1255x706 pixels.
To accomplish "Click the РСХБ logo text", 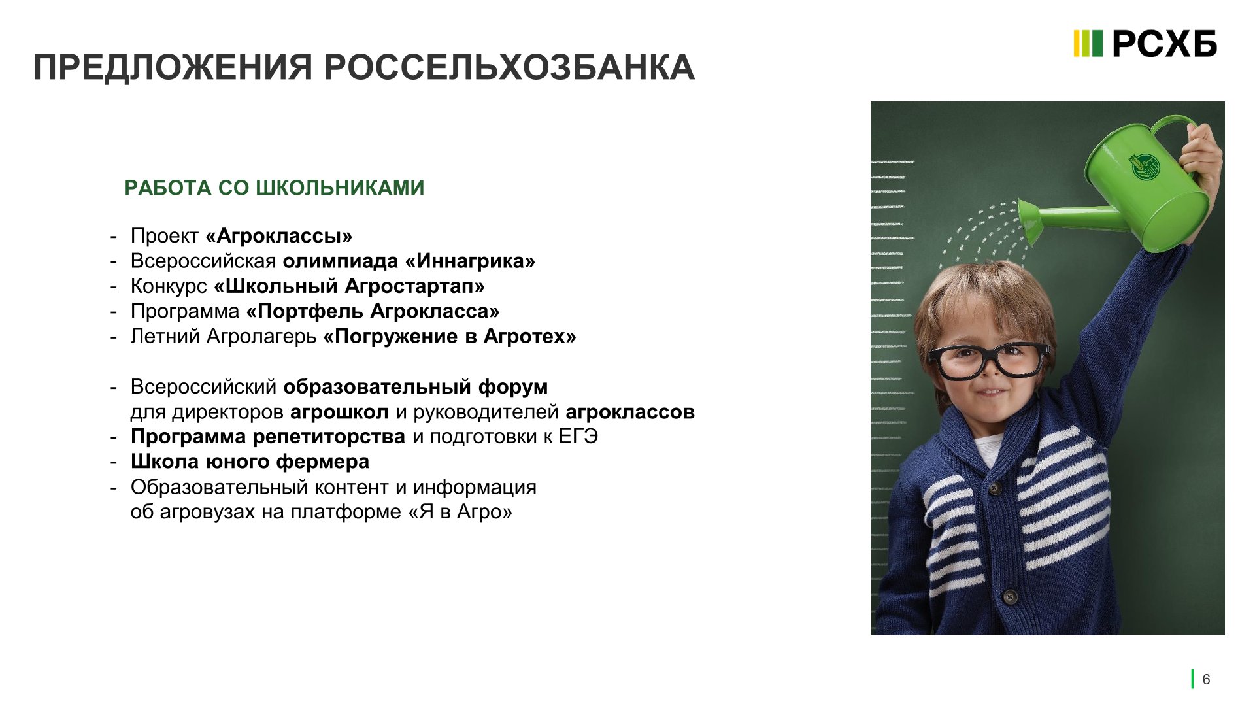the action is point(1164,44).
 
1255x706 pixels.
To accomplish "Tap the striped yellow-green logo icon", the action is point(1088,44).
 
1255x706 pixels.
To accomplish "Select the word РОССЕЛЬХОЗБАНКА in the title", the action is point(509,67).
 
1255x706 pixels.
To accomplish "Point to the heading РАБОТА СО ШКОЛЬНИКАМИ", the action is point(275,188).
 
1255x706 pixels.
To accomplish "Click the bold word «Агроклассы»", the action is point(279,236).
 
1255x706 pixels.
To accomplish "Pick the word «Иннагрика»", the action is point(470,261).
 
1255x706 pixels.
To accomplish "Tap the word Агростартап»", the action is point(415,286).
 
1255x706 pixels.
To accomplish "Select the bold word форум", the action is point(513,386).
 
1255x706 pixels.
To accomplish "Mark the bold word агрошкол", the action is point(339,412).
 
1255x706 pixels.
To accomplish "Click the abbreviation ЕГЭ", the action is point(578,437).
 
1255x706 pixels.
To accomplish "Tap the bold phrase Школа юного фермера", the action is point(250,462).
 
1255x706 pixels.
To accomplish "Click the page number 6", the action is point(1206,680).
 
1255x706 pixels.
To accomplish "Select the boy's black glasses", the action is point(989,361).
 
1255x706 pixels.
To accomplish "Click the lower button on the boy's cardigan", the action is point(1010,596).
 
